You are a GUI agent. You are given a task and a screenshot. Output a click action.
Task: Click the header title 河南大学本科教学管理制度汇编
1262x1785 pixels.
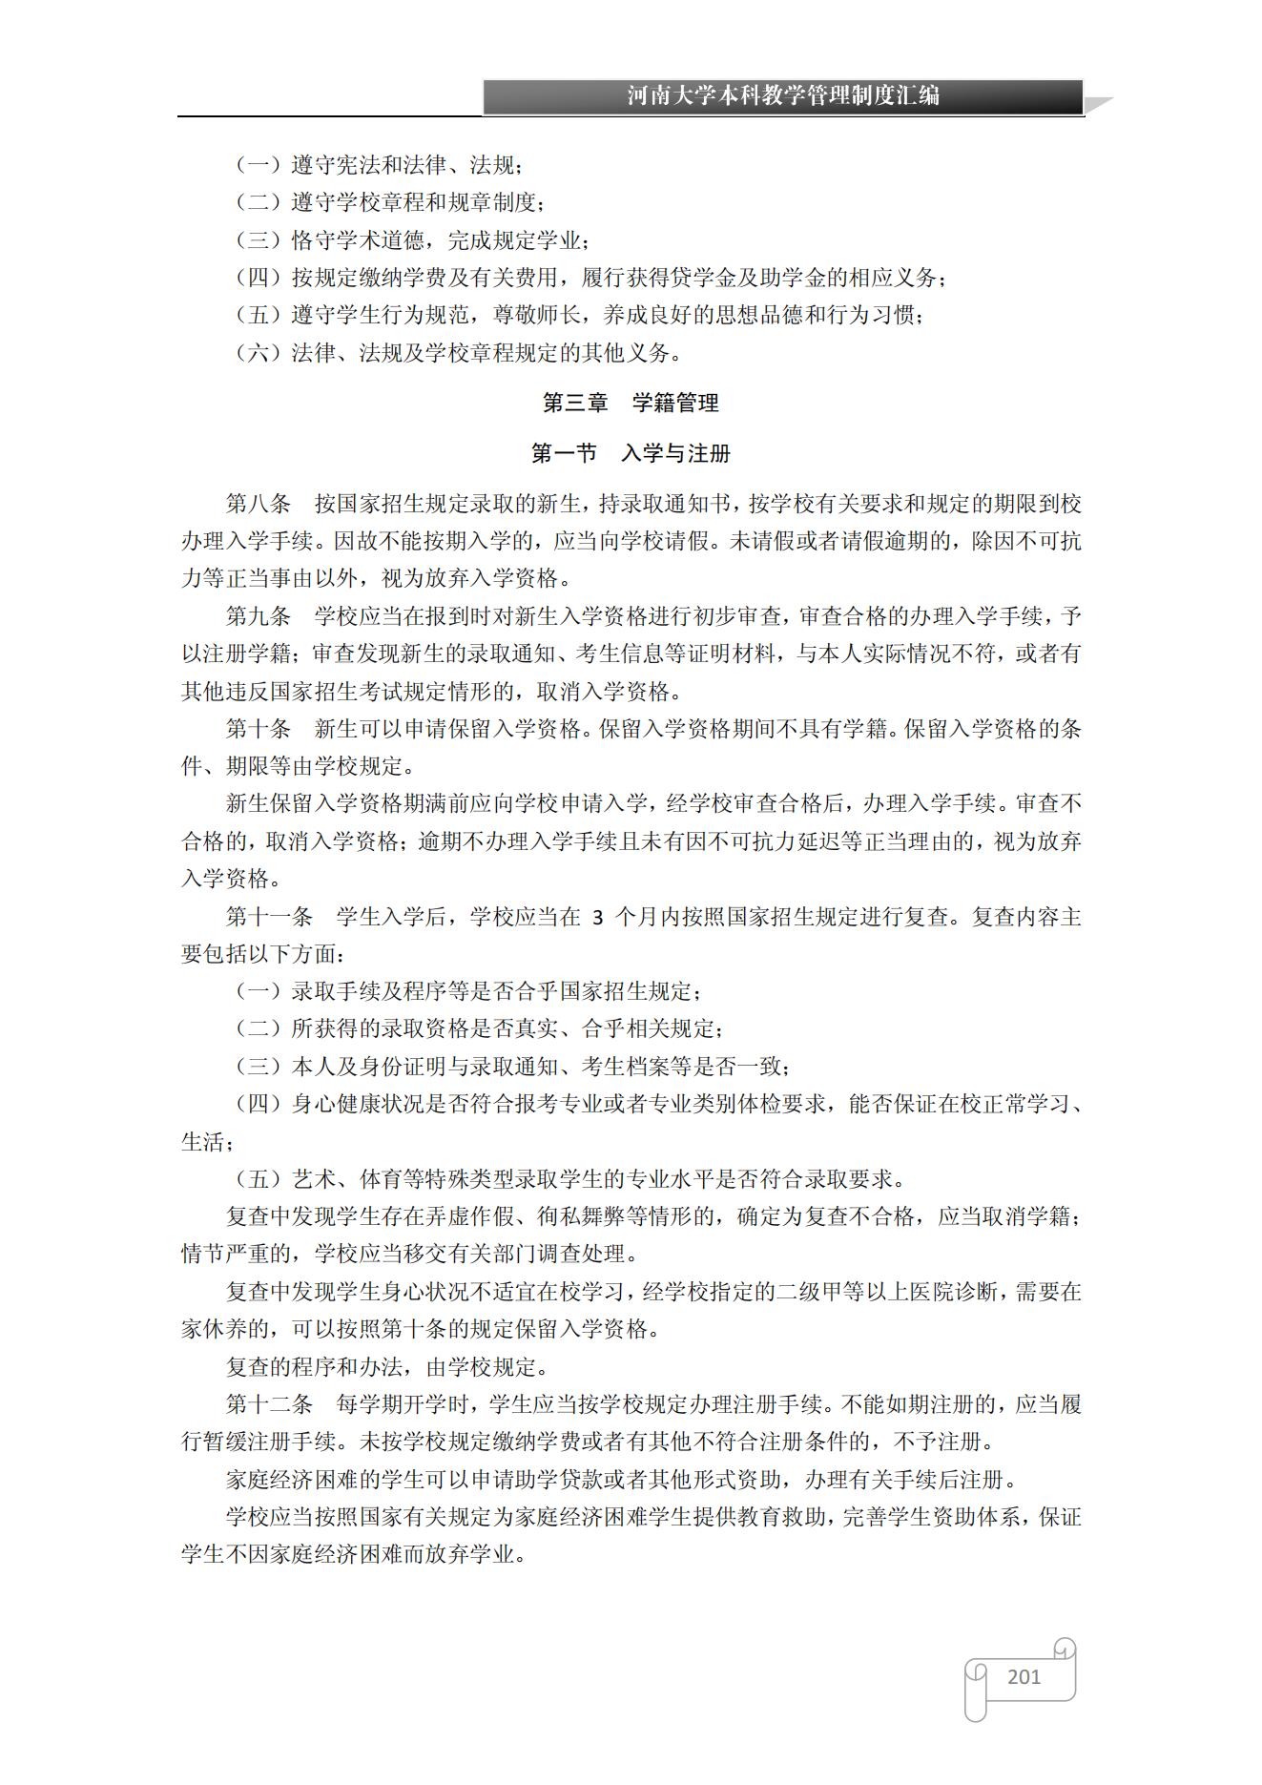click(783, 95)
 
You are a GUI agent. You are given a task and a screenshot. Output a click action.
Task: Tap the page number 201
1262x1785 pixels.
click(1024, 1676)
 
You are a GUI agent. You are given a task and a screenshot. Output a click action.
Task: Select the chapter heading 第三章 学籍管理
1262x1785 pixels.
click(631, 403)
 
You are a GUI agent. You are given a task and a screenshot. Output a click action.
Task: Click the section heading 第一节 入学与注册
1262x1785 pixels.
click(631, 453)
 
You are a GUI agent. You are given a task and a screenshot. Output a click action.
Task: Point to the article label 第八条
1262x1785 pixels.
click(258, 504)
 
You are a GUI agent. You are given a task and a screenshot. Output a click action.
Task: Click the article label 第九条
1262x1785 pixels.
click(258, 616)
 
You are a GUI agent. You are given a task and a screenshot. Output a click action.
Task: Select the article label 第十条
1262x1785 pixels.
click(258, 729)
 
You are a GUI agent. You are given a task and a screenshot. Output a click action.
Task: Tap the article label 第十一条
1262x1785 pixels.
click(269, 917)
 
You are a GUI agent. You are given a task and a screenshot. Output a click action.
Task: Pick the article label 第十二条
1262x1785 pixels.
click(269, 1404)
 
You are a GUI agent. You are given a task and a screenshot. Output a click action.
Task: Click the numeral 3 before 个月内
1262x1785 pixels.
click(598, 918)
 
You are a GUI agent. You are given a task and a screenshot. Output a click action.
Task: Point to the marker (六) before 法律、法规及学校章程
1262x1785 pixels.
click(258, 353)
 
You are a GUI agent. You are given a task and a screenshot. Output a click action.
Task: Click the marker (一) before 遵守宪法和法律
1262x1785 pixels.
click(258, 165)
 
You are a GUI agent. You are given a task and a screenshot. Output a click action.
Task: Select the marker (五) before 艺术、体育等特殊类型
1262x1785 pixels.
click(258, 1179)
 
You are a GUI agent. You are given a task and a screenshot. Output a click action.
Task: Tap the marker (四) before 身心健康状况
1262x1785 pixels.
click(258, 1104)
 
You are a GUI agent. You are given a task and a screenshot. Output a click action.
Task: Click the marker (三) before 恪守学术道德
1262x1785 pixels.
click(258, 240)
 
